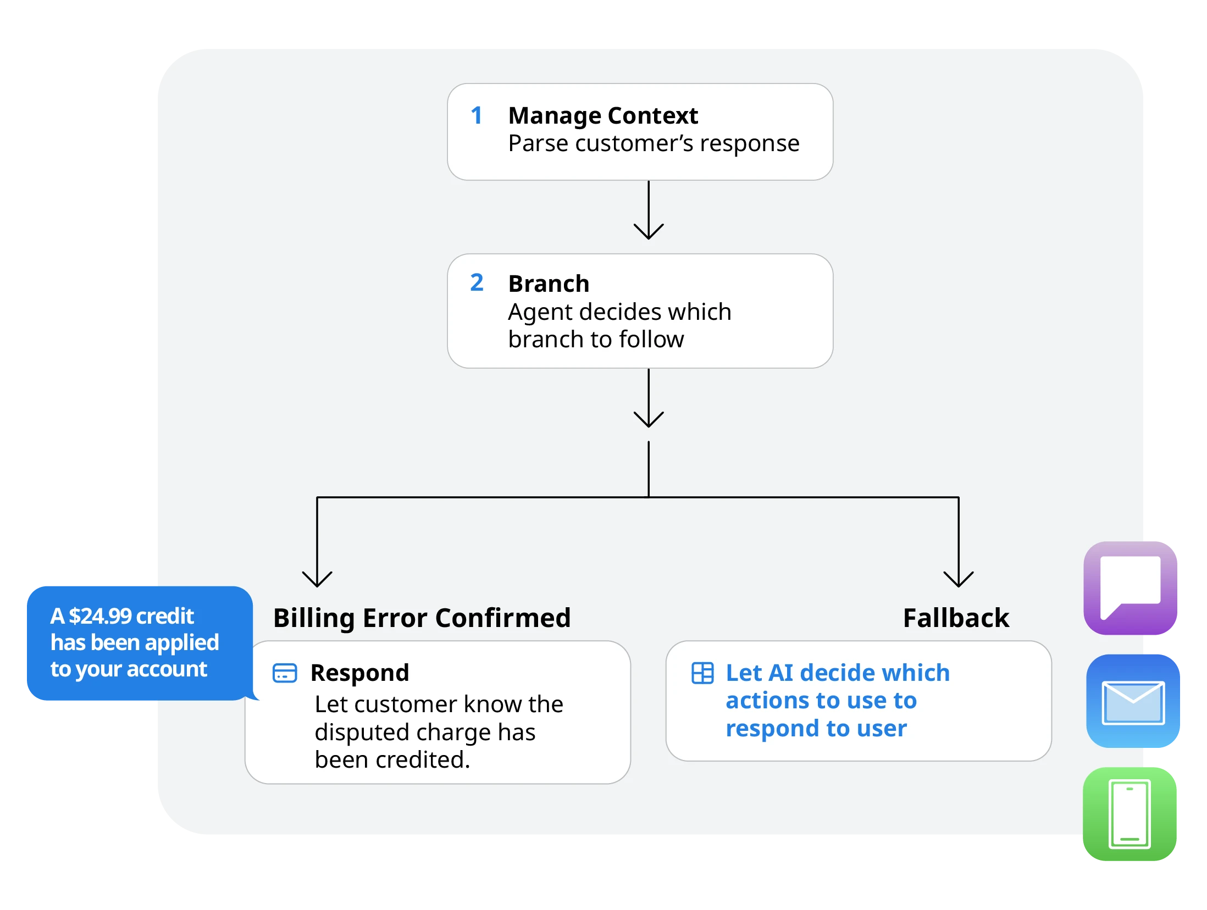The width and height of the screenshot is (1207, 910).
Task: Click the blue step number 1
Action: coord(477,115)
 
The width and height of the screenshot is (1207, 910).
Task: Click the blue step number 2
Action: coord(477,282)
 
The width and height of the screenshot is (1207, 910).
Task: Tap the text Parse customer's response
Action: coord(654,144)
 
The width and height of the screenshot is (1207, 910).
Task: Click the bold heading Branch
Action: coord(549,284)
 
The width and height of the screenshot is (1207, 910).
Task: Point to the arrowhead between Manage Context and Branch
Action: coord(649,231)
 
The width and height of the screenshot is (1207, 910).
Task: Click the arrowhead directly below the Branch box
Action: coord(649,419)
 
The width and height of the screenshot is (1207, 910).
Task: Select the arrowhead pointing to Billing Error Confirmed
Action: coord(317,579)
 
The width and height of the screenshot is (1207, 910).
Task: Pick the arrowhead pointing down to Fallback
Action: coord(959,579)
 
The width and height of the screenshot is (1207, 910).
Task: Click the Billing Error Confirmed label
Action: coord(422,618)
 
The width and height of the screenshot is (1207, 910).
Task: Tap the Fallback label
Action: coord(956,618)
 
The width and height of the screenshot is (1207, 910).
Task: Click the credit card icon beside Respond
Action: coord(285,673)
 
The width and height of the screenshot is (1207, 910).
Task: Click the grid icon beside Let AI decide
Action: coord(702,673)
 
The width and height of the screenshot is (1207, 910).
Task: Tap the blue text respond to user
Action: coord(816,729)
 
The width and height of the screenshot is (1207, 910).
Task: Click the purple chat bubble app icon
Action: coord(1130,588)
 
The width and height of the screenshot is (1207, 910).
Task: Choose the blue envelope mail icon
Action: coord(1133,701)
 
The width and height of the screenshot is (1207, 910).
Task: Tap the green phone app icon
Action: coord(1130,814)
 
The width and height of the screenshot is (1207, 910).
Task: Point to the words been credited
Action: coord(392,760)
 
